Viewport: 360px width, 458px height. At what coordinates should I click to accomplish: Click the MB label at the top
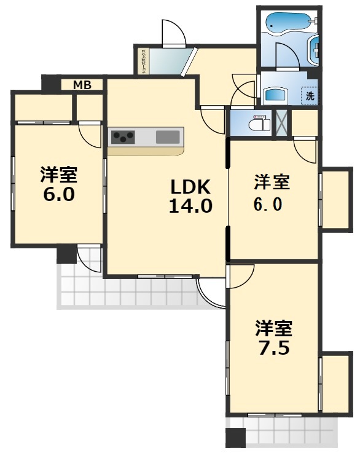(82, 85)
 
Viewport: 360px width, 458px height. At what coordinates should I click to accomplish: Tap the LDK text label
(190, 186)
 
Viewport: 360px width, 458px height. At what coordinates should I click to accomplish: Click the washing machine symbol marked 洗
(310, 95)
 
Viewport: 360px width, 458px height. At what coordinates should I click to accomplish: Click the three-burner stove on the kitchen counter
(123, 137)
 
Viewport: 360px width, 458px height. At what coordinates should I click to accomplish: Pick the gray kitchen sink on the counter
(167, 137)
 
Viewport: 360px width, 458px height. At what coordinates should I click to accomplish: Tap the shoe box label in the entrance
(143, 60)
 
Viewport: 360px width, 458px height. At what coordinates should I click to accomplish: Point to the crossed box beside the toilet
(281, 122)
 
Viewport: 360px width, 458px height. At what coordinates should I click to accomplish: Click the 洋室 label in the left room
(58, 175)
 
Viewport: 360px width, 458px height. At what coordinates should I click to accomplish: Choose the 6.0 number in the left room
(58, 195)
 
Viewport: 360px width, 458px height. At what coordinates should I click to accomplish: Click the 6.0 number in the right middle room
(271, 204)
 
